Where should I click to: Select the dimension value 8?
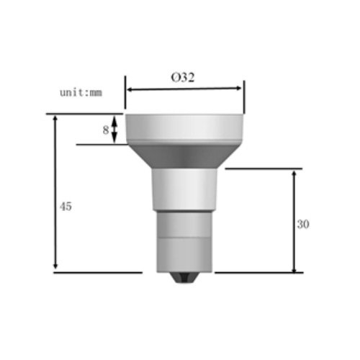point(106,130)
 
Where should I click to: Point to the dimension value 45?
point(66,206)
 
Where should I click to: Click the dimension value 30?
point(303,224)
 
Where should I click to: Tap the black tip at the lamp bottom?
point(185,278)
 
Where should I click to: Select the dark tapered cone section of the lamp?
point(184,155)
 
